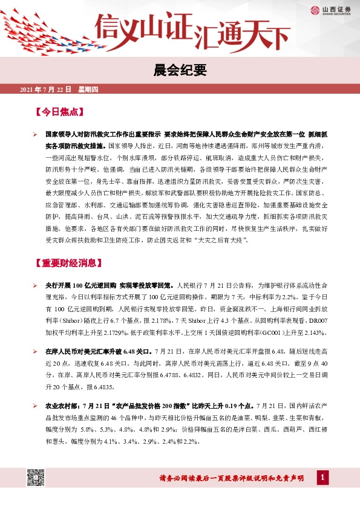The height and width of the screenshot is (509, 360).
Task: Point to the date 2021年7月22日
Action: click(46, 89)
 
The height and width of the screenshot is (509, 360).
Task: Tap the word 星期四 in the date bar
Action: click(88, 89)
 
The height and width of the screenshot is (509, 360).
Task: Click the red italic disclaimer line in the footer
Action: click(235, 479)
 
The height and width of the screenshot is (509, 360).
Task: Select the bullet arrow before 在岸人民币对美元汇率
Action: click(36, 352)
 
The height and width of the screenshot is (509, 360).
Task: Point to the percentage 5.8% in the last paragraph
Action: click(89, 430)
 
